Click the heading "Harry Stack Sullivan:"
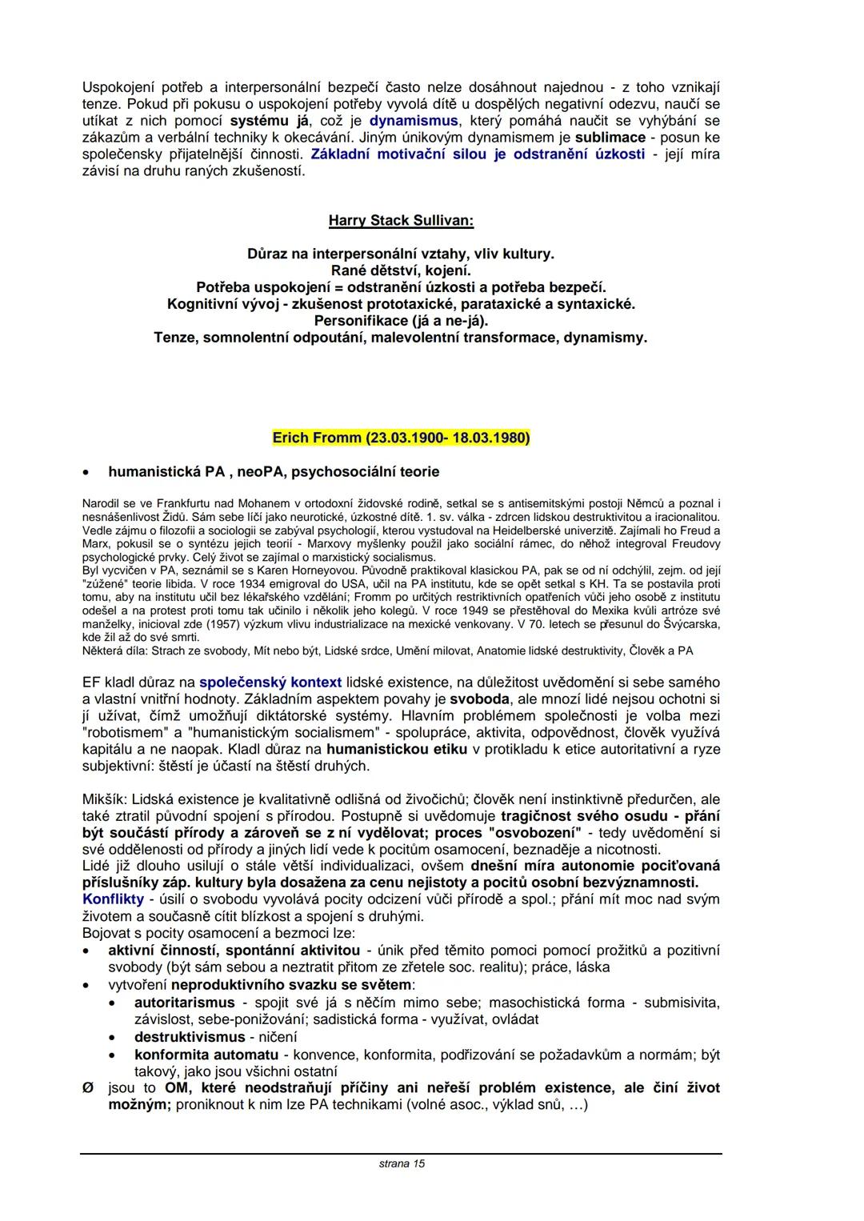[401, 220]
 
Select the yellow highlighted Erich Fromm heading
[401, 438]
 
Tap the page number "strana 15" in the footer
[402, 1163]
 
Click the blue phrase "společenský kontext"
[270, 683]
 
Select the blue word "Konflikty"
[113, 899]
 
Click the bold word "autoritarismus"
[185, 1003]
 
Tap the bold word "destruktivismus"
[190, 1037]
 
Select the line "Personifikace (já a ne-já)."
[401, 321]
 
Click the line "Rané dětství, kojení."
[401, 270]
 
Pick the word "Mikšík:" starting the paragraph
[105, 799]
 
